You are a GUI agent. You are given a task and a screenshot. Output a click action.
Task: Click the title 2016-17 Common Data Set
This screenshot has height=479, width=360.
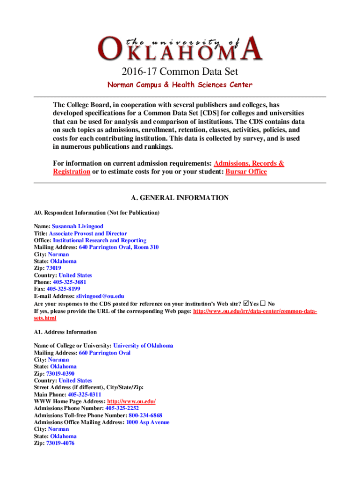point(180,72)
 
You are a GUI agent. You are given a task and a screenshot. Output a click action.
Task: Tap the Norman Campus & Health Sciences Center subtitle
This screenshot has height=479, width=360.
point(180,85)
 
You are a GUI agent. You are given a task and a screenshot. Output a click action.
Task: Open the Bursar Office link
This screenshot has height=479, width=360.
point(246,172)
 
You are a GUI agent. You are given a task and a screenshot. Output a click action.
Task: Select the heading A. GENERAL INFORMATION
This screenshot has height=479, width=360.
point(180,198)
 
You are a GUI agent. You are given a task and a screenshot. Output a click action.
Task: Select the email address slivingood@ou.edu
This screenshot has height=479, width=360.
point(101,296)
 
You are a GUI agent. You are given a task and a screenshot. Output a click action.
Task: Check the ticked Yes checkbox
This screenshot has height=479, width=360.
point(246,303)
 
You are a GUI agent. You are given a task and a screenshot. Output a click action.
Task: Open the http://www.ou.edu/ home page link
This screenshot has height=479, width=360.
point(131,401)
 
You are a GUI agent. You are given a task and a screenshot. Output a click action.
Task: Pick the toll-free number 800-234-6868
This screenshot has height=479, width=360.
point(145,415)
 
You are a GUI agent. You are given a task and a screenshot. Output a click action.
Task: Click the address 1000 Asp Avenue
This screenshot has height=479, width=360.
point(148,422)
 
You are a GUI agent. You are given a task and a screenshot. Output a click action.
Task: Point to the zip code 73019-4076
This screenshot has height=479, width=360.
point(60,443)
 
